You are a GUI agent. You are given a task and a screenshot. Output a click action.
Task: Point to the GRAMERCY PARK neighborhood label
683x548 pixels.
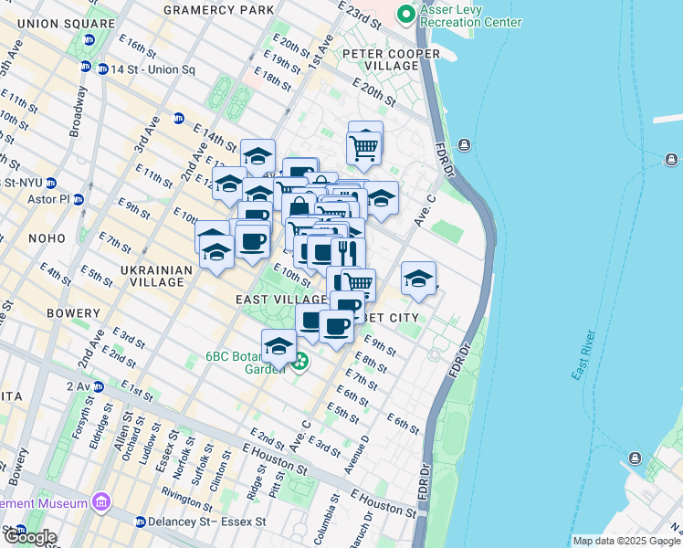point(218,10)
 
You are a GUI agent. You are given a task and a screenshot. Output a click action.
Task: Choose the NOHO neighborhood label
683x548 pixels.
point(47,237)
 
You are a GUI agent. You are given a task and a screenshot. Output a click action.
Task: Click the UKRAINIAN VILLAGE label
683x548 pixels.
point(156,277)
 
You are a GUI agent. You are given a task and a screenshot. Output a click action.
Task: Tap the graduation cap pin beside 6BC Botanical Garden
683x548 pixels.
point(278,346)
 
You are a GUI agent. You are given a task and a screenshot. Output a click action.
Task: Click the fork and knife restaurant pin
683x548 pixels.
point(348,251)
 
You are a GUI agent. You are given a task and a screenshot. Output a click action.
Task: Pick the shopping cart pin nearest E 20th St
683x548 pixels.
point(364,145)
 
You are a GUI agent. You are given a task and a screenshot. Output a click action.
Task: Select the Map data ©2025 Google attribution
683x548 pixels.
point(625,541)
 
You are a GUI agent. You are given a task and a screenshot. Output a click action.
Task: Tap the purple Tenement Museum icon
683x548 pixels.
point(100,502)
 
